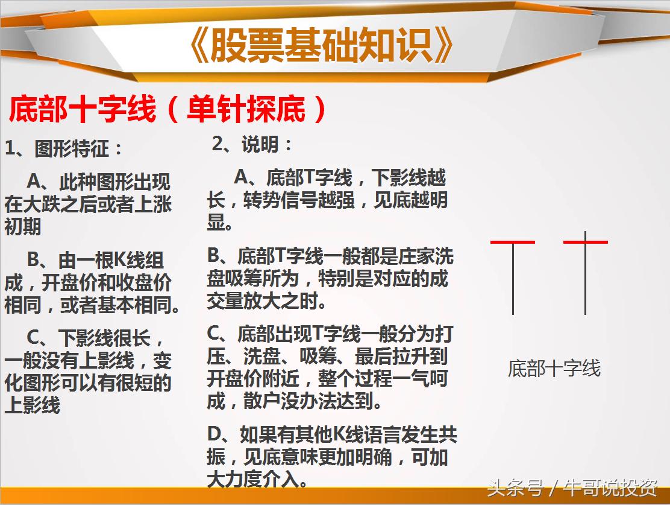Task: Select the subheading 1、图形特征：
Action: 64,148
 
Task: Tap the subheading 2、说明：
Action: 252,145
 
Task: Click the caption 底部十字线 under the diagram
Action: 554,368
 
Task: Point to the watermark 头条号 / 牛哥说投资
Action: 572,488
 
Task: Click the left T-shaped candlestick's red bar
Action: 513,242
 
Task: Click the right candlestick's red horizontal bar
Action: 586,242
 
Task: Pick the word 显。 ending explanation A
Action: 220,222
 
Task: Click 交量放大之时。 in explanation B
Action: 271,300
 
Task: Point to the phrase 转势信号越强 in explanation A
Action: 301,200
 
